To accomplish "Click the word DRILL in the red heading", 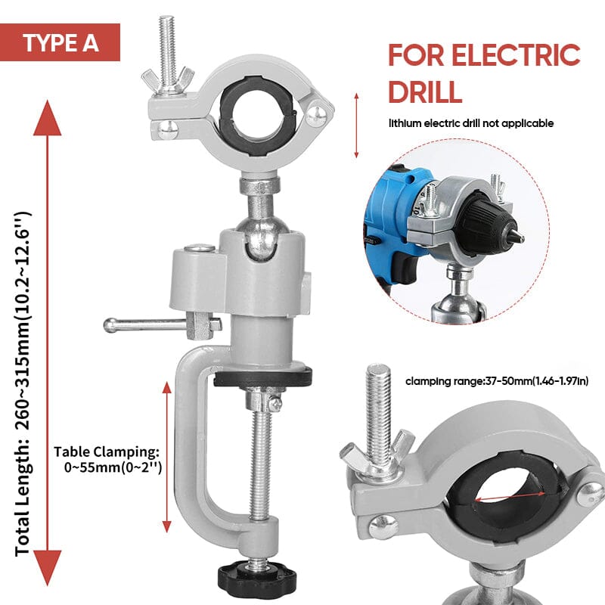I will [x=424, y=91].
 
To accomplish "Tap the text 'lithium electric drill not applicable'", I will [x=471, y=123].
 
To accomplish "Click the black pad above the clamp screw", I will [x=262, y=376].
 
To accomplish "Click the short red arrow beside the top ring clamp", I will [x=356, y=125].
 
